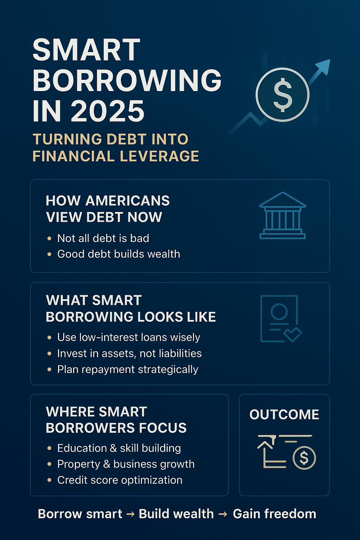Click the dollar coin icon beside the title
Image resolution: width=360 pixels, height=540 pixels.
[282, 95]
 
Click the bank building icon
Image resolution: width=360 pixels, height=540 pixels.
[282, 216]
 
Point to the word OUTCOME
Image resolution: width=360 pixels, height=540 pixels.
[284, 414]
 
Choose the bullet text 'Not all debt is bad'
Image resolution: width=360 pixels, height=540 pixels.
[103, 238]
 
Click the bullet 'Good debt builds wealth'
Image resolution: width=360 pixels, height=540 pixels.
[118, 254]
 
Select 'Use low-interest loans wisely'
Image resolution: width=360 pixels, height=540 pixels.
[129, 337]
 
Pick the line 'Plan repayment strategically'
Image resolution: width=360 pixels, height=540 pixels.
[128, 369]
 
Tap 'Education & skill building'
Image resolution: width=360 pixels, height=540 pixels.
[119, 448]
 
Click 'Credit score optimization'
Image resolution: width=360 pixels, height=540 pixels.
[120, 480]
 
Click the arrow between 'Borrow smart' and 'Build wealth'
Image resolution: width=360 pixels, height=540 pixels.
[130, 514]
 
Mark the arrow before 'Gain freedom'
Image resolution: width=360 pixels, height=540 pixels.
[223, 514]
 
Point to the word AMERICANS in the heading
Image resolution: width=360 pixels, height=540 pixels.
[127, 201]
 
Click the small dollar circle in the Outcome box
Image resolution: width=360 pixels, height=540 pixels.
[304, 458]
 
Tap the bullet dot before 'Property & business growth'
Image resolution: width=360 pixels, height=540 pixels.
[49, 464]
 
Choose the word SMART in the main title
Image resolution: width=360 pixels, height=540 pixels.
[86, 50]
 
